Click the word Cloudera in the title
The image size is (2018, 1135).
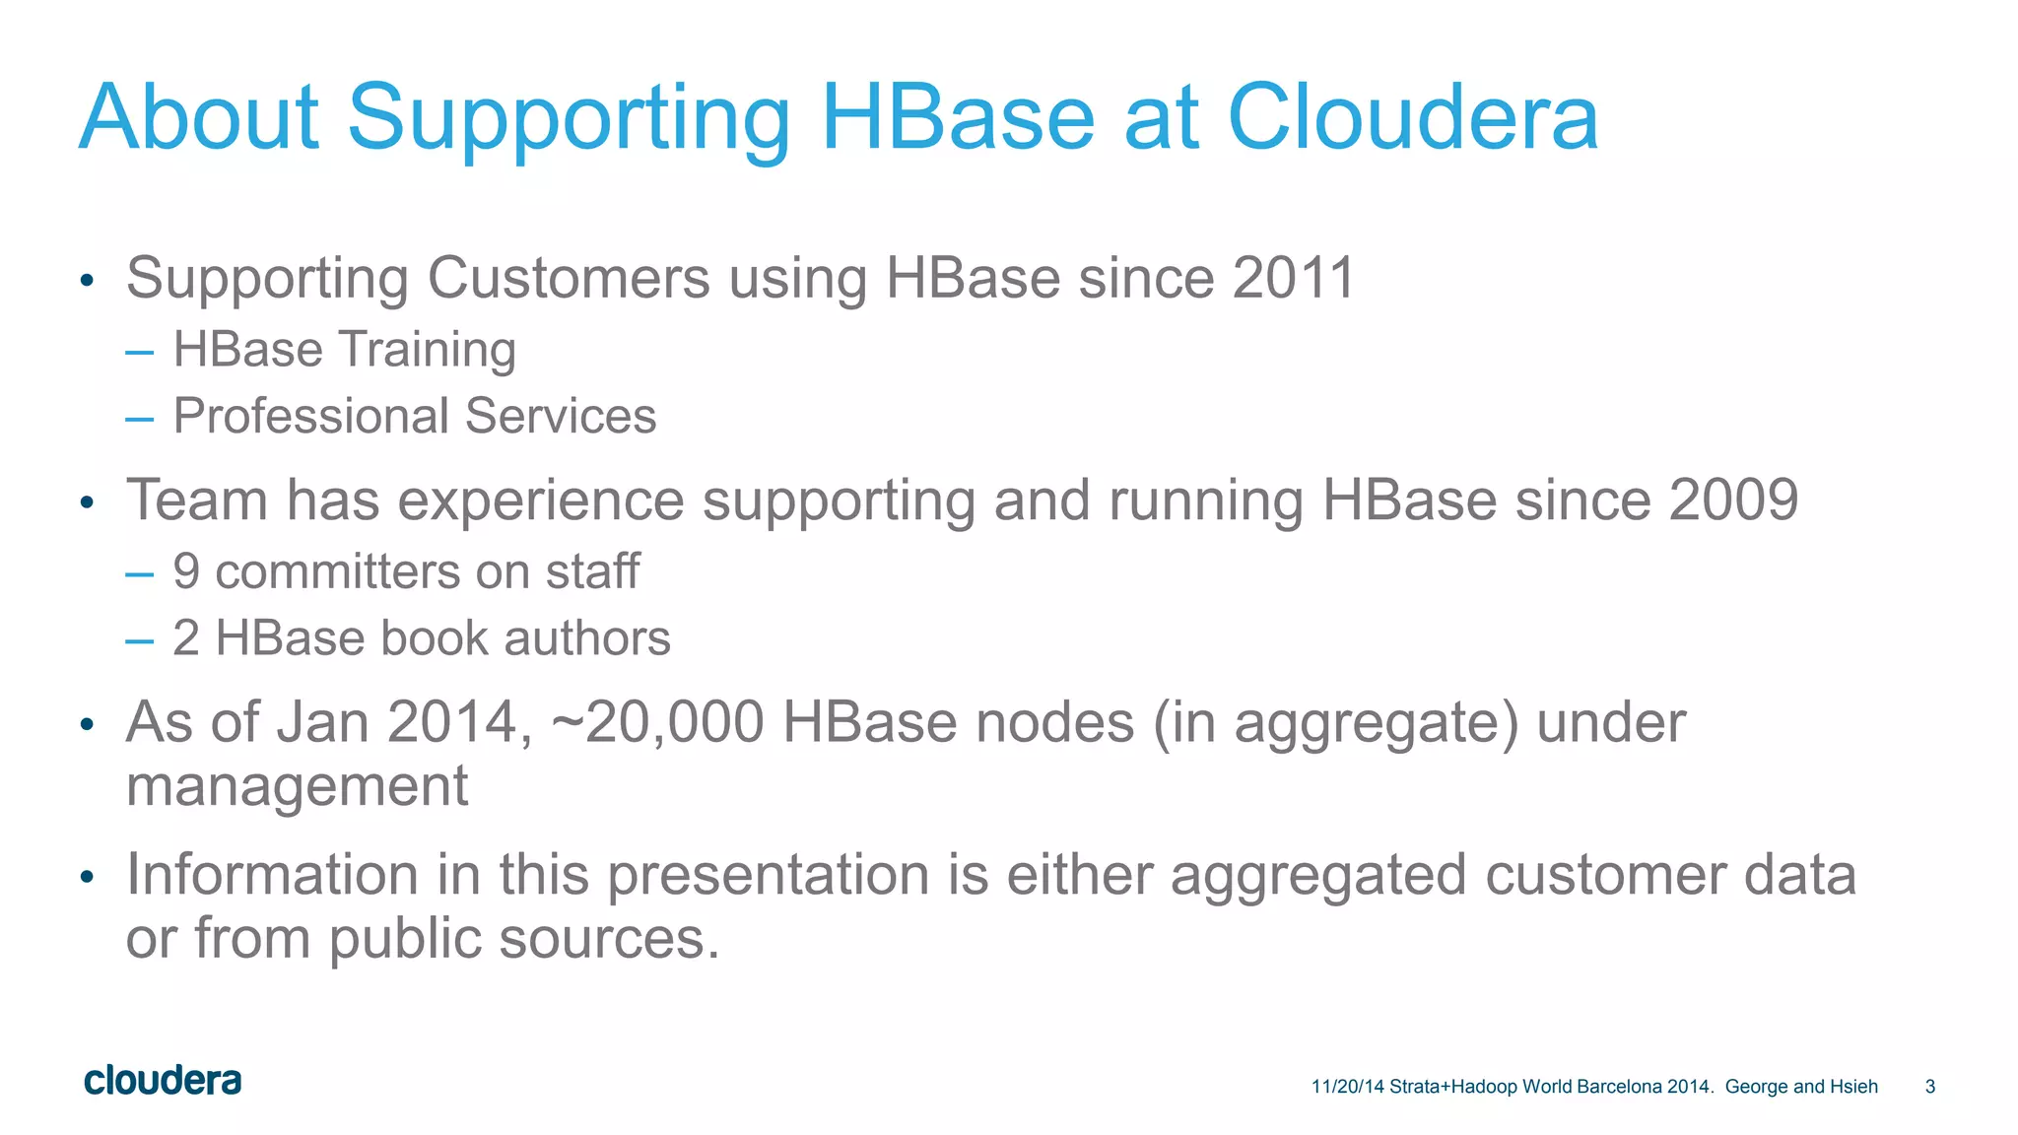pyautogui.click(x=1411, y=117)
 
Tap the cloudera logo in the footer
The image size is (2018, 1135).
pyautogui.click(x=163, y=1081)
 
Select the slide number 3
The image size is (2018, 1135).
pyautogui.click(x=1929, y=1087)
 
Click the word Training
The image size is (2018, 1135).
pyautogui.click(x=427, y=351)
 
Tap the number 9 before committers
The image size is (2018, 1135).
pyautogui.click(x=186, y=571)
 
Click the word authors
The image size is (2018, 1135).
pyautogui.click(x=587, y=638)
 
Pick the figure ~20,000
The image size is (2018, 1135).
pyautogui.click(x=657, y=722)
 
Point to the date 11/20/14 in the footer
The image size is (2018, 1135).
pyautogui.click(x=1347, y=1087)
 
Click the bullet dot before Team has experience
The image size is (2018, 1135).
pyautogui.click(x=87, y=503)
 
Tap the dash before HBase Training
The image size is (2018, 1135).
pyautogui.click(x=140, y=353)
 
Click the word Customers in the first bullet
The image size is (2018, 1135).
pyautogui.click(x=568, y=278)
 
